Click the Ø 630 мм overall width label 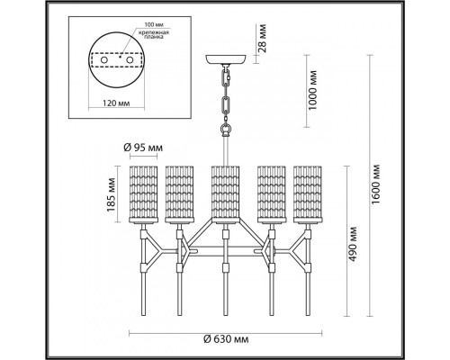coord(226,340)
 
